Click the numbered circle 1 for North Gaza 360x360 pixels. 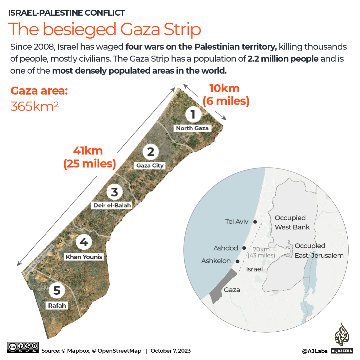click(x=192, y=114)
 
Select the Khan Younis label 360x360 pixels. click(x=84, y=257)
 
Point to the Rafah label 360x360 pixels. click(x=57, y=305)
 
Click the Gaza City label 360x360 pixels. click(x=150, y=166)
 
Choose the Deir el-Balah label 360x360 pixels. click(x=112, y=205)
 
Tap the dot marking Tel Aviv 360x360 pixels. click(x=255, y=222)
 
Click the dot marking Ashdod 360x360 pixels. click(x=244, y=248)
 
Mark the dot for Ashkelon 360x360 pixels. click(x=237, y=261)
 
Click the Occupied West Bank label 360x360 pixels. click(x=292, y=222)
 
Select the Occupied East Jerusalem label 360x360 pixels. click(x=319, y=250)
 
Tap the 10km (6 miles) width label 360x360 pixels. click(x=226, y=95)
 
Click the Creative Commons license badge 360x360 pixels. click(x=23, y=347)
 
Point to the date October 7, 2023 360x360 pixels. click(x=171, y=351)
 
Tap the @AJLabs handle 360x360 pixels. click(x=315, y=351)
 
